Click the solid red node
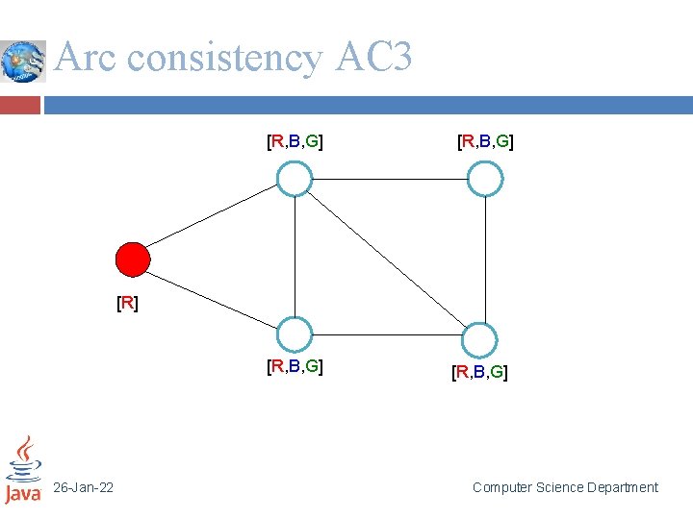[133, 259]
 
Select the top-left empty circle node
[295, 179]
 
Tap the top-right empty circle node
[485, 179]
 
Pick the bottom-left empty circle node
[295, 334]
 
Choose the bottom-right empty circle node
[478, 340]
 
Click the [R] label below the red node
[127, 304]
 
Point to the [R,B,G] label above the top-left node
[295, 143]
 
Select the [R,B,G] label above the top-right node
[485, 143]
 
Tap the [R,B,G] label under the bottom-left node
[295, 366]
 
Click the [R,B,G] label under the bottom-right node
[479, 372]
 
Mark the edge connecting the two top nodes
[390, 179]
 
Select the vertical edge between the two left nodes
[295, 257]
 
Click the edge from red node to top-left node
[214, 219]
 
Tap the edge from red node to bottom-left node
[214, 297]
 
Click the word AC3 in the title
[373, 59]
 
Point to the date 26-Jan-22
[83, 488]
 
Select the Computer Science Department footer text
[565, 488]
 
